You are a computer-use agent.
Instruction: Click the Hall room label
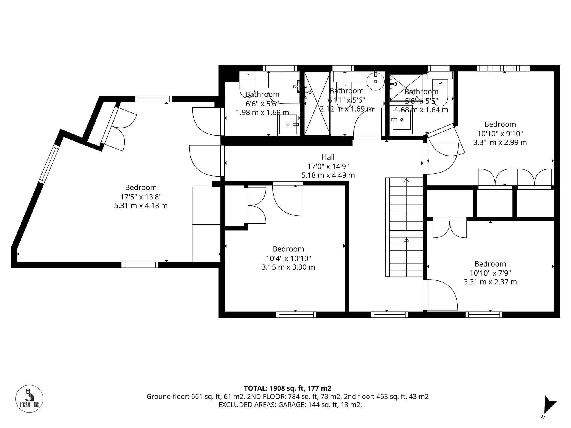[x=328, y=157]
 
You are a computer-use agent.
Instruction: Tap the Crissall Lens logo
[x=29, y=398]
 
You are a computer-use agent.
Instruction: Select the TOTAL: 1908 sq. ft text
[x=287, y=388]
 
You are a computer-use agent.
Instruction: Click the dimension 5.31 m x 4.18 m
[x=141, y=205]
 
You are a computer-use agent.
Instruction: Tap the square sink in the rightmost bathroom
[x=401, y=120]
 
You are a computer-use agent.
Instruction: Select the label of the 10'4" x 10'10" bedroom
[x=288, y=249]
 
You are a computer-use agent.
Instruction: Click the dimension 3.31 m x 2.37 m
[x=490, y=282]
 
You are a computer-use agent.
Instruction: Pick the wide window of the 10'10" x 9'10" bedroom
[x=503, y=68]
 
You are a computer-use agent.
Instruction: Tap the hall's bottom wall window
[x=389, y=314]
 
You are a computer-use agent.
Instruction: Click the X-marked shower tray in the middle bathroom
[x=317, y=103]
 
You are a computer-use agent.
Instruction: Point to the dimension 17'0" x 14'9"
[x=328, y=166]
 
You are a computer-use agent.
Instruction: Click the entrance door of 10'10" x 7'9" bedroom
[x=441, y=295]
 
